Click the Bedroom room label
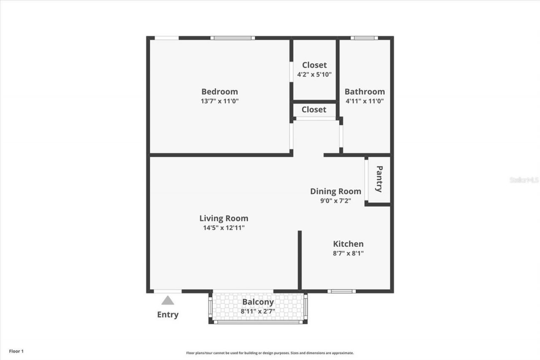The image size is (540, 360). pos(219,92)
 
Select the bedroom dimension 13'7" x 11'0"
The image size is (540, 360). pos(219,101)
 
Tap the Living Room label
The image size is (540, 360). pos(224,218)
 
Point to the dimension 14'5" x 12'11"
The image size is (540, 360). pos(224,228)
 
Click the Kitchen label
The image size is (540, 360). pos(348,244)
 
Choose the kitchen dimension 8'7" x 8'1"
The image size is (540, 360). pos(348,254)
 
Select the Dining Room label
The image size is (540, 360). pos(335,191)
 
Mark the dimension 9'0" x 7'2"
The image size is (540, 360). pos(335,201)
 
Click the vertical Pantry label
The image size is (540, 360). pos(379,179)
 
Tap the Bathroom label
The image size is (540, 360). pos(364,92)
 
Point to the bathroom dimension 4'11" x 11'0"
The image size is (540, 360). pos(364,101)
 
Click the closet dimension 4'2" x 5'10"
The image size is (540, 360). pos(314,75)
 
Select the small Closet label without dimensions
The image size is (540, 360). pos(314,110)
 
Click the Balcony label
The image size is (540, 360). pos(258,302)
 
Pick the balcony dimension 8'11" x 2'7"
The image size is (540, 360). pos(258,311)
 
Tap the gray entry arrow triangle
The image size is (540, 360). pos(167,300)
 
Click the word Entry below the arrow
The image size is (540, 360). pos(167,315)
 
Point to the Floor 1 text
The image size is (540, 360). pos(16,351)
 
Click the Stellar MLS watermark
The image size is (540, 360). pos(524,180)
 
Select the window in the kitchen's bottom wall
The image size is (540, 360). pos(341,291)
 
